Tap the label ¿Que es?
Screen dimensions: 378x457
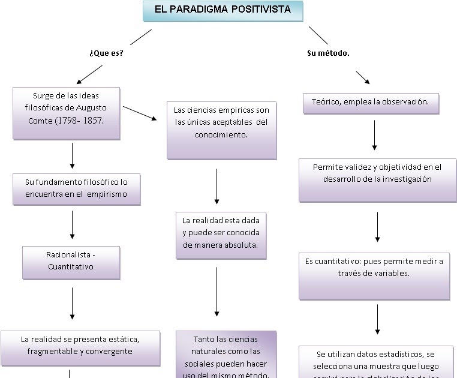point(106,53)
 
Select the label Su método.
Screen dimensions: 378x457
point(328,53)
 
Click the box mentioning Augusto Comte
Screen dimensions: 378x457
point(66,113)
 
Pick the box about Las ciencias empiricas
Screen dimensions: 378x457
point(222,128)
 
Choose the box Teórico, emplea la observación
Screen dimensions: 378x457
point(371,103)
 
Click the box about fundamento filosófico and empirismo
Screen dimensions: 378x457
point(76,188)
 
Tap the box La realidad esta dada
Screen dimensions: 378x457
point(221,234)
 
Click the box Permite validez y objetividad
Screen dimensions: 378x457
point(377,179)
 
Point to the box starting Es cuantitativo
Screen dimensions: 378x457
point(374,275)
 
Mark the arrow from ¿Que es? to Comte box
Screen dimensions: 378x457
point(89,73)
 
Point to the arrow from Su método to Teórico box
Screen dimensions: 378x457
point(363,77)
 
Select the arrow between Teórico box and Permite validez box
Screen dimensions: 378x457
point(374,135)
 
